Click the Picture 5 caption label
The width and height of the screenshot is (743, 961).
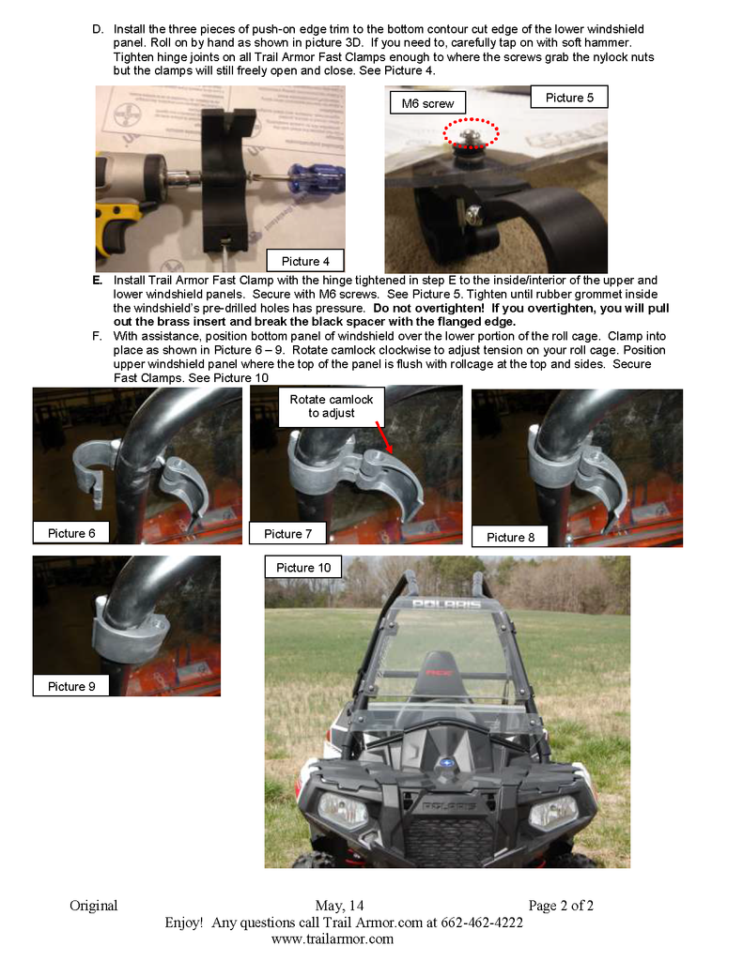[569, 98]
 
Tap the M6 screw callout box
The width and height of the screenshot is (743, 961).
[427, 103]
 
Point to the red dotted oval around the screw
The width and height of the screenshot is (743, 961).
[471, 132]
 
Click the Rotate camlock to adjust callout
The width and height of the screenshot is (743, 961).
[332, 406]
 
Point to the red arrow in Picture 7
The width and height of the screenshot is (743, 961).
[385, 436]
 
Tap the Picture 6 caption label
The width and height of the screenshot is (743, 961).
[71, 533]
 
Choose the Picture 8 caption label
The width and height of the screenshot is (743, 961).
[510, 537]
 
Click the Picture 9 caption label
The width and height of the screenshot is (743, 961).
[71, 686]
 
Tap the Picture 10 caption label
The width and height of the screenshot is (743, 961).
[302, 568]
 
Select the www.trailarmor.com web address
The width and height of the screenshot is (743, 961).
[332, 938]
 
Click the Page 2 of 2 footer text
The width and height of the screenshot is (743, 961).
[561, 906]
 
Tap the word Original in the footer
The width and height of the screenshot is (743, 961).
[93, 906]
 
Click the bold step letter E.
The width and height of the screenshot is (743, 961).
[98, 281]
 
